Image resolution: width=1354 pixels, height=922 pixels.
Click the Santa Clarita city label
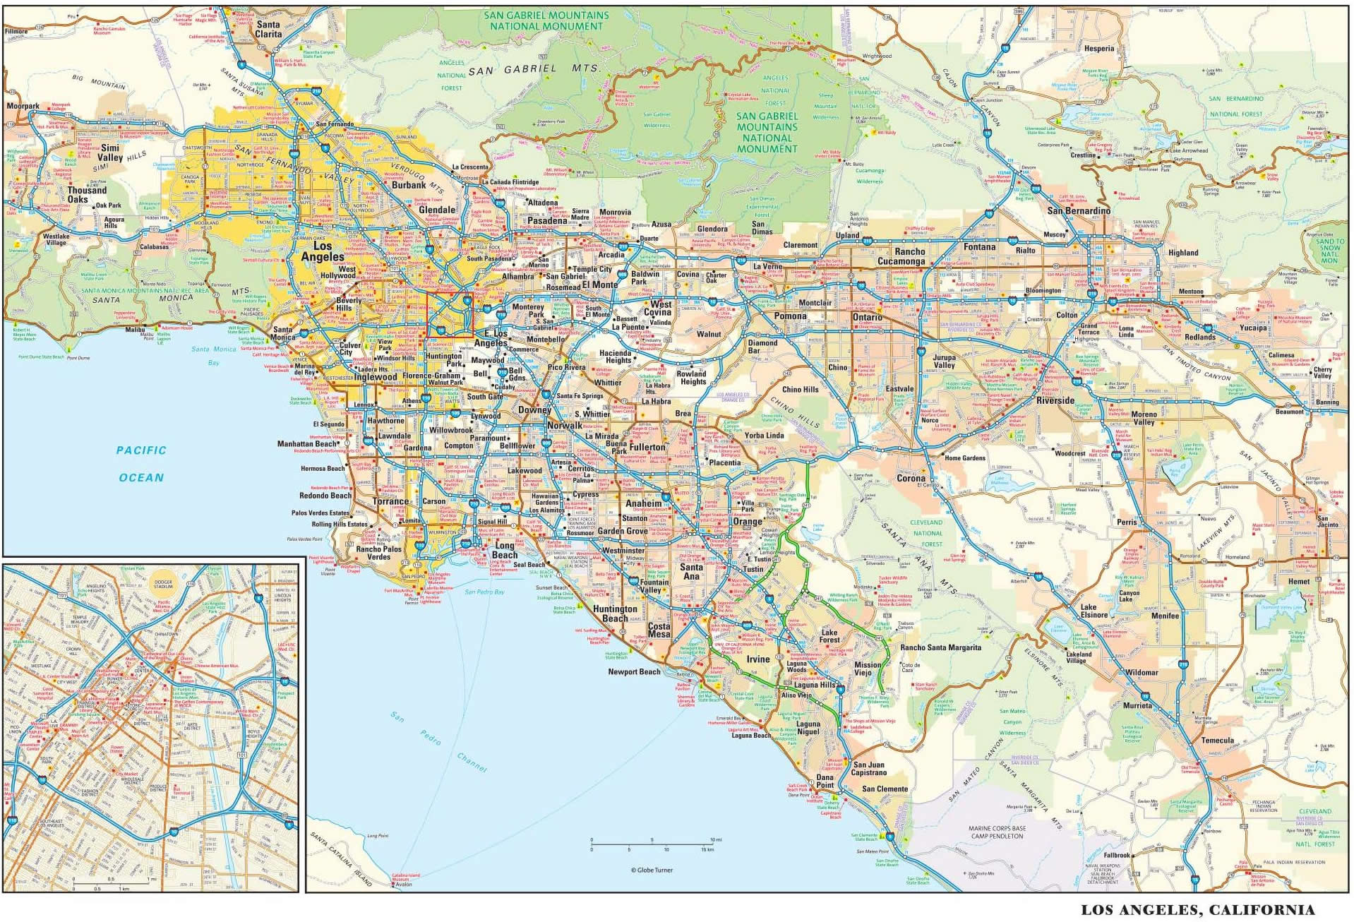pos(268,29)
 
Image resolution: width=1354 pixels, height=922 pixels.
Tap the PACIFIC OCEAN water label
pos(141,464)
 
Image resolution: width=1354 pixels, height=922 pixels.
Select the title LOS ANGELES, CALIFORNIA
pos(1197,910)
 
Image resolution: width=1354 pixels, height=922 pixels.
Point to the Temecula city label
pos(1217,741)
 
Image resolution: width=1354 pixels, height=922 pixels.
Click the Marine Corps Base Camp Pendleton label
pos(997,832)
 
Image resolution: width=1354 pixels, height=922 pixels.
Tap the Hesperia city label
pos(1099,49)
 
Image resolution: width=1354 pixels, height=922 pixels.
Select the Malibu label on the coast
pos(135,330)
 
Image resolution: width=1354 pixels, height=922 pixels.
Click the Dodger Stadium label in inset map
pos(163,584)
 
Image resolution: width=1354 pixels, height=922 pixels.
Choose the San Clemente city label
pos(885,789)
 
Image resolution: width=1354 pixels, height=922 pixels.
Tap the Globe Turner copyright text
pos(652,870)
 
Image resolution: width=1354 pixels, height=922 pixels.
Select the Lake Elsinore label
pos(1094,611)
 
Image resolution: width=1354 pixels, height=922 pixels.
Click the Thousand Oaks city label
pos(87,195)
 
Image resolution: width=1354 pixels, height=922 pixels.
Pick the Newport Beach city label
pos(634,671)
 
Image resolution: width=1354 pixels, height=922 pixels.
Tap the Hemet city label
pos(1299,582)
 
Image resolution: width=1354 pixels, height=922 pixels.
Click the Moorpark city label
pos(23,107)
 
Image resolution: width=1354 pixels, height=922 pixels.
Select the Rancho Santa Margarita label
pos(940,647)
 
